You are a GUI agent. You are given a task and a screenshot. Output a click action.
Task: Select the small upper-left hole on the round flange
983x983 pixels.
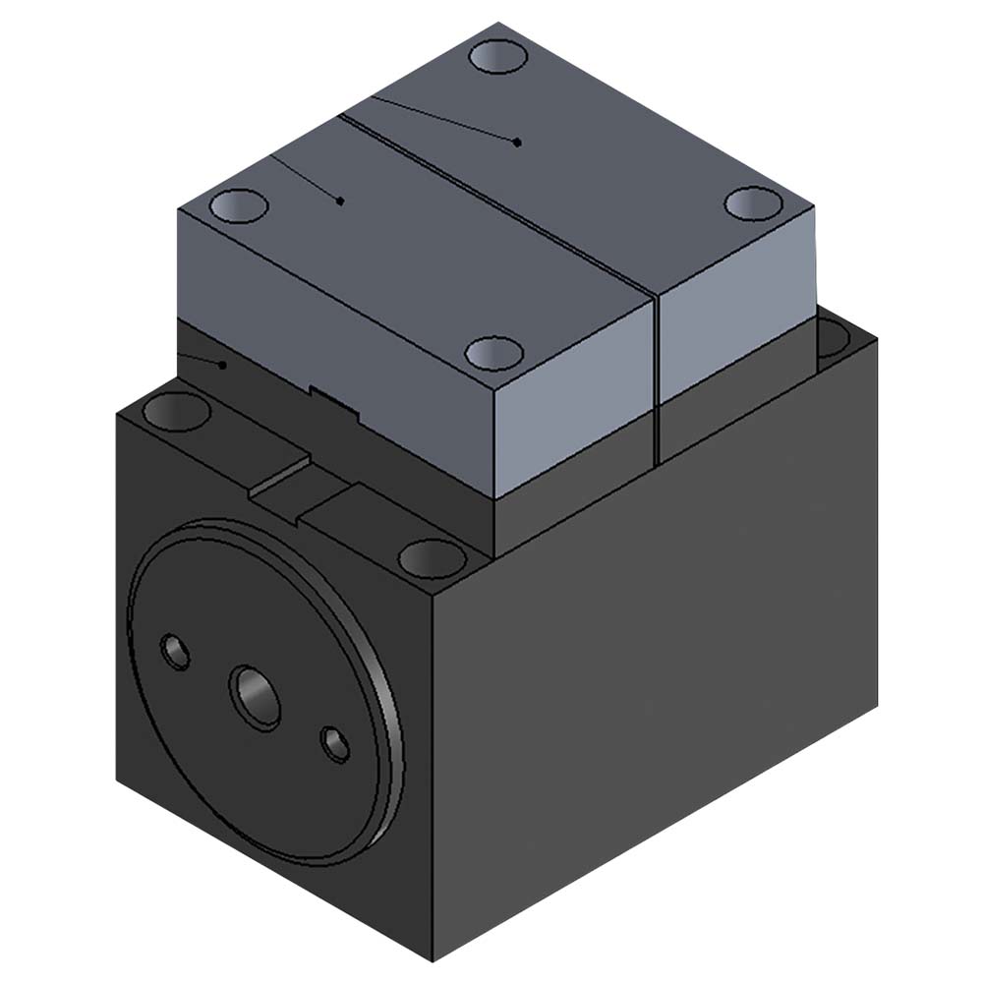coord(176,652)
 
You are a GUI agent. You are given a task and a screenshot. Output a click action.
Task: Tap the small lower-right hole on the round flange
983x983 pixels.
coord(335,743)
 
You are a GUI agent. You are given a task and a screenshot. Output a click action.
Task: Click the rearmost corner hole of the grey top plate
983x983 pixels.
coord(498,56)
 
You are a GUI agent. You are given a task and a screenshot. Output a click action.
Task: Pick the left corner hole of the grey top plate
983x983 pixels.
coord(239,206)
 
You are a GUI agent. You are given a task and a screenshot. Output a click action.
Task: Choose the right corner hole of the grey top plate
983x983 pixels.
coord(754,203)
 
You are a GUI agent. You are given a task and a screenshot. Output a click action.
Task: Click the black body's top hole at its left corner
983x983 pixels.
coord(176,411)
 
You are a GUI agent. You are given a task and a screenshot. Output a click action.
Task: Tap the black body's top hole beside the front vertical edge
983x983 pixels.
coord(433,558)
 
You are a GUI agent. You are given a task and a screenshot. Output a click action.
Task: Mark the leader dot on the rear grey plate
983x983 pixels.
coord(518,143)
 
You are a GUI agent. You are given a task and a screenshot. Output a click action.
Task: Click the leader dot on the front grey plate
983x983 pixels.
coord(340,201)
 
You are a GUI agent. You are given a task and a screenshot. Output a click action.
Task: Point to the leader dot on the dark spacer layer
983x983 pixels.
coord(223,365)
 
